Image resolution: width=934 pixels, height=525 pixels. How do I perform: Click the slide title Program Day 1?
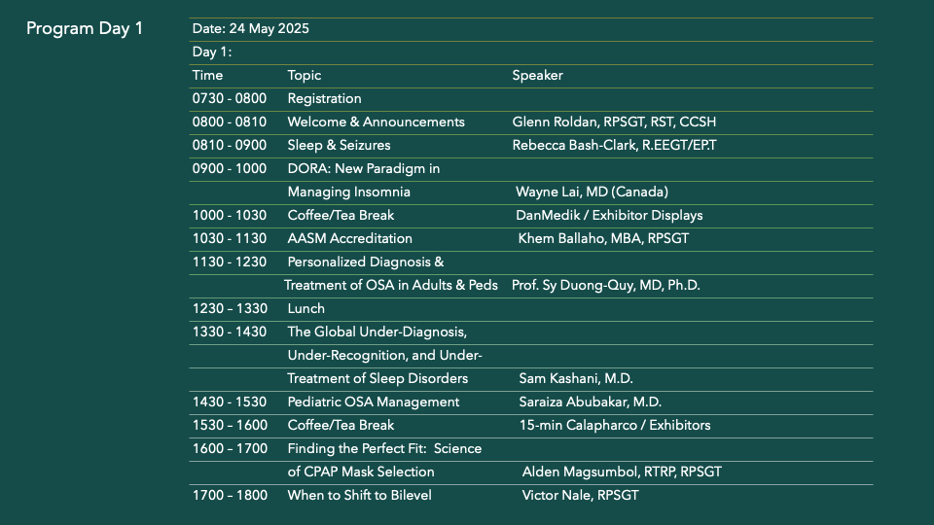85,28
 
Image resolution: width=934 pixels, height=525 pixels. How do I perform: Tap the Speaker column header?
537,75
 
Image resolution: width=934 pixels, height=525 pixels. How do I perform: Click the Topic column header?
305,76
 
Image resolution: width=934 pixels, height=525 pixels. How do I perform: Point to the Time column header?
207,75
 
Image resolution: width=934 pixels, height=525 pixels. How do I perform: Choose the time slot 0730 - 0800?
230,98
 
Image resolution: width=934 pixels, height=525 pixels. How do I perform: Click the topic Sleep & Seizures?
339,145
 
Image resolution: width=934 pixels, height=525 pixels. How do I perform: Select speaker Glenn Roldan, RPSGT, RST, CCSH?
614,122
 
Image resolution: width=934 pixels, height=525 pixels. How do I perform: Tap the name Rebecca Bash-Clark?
574,145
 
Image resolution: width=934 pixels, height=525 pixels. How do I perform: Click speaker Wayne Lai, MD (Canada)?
593,192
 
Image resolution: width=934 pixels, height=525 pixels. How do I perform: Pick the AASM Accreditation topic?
349,238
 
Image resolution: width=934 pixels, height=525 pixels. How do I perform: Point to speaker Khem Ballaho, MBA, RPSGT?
603,238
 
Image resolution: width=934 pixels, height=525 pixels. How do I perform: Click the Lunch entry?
306,308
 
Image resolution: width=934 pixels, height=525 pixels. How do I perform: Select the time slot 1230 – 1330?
230,308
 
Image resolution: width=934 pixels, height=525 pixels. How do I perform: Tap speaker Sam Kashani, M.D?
576,378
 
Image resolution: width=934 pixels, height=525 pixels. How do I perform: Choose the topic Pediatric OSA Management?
374,402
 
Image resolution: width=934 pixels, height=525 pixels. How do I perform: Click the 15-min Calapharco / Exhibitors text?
615,425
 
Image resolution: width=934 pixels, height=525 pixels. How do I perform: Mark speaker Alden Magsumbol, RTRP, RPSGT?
622,472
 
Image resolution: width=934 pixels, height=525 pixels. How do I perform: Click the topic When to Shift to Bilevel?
360,495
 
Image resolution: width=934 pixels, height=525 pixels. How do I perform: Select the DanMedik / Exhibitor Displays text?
609,215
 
